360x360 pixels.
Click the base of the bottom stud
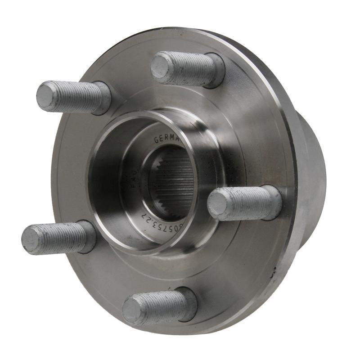click(190, 304)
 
